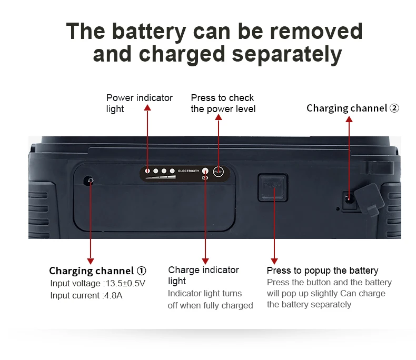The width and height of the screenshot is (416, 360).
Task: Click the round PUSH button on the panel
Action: point(219,172)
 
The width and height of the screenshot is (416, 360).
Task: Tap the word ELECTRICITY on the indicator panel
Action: point(189,171)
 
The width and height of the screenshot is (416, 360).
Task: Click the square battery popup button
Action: point(273,188)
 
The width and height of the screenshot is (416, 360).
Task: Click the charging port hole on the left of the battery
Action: point(90,182)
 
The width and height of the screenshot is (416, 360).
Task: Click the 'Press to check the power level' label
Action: point(223,103)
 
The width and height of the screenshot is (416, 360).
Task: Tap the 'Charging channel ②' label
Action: point(353,108)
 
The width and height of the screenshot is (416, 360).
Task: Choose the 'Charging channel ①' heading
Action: point(97,271)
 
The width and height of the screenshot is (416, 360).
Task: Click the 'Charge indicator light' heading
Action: point(203,275)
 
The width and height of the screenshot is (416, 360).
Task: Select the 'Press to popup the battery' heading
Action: point(322,271)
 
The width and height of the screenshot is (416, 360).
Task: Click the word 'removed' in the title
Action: point(316,32)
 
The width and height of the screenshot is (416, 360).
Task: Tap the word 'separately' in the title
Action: point(286,54)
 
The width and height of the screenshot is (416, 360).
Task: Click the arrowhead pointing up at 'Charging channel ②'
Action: point(349,119)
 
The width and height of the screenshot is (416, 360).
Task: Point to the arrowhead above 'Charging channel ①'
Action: point(91,261)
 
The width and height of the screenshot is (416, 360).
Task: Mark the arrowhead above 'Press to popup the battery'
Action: point(274,261)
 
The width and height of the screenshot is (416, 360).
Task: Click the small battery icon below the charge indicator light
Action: point(205,178)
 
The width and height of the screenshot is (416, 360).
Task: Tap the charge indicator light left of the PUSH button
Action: point(205,171)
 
